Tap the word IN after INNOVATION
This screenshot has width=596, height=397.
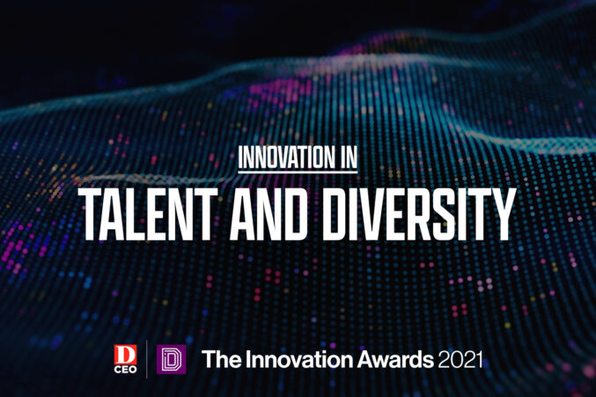[x=348, y=157]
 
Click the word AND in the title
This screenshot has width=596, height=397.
[x=268, y=214]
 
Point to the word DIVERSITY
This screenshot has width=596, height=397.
[x=418, y=214]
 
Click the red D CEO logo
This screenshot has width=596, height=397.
[x=125, y=359]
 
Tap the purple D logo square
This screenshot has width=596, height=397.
[x=171, y=359]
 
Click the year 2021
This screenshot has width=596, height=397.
[x=460, y=359]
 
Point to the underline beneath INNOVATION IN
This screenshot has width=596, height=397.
[x=298, y=173]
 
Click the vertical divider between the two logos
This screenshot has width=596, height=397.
[x=147, y=359]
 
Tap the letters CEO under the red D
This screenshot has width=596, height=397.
[x=125, y=369]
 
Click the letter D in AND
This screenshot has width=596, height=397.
[x=292, y=214]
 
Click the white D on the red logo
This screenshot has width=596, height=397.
[x=125, y=355]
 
